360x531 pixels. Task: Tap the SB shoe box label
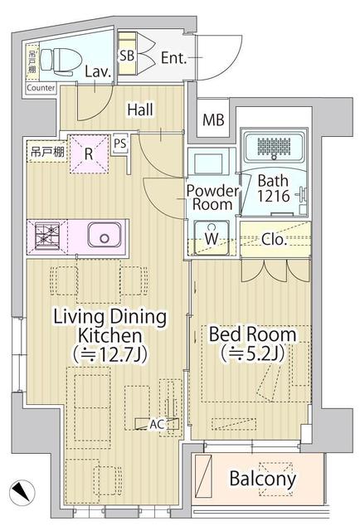[127, 56]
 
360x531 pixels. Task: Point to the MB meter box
[213, 120]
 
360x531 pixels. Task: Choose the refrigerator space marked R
[88, 153]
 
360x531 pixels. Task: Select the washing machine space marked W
[212, 239]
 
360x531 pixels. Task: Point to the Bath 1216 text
[273, 189]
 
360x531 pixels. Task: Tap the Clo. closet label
[275, 240]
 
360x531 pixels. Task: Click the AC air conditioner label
[155, 424]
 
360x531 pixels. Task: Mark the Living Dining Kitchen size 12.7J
[109, 355]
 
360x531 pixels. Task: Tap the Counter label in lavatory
[41, 87]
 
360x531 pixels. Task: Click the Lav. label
[96, 71]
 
